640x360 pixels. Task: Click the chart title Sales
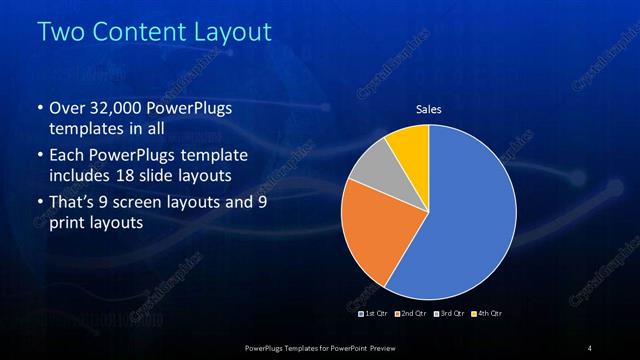428,109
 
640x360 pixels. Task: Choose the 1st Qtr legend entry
375,314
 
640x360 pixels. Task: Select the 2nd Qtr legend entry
411,314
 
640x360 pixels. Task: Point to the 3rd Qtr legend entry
449,314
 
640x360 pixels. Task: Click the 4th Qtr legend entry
487,314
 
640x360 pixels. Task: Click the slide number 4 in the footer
590,347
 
